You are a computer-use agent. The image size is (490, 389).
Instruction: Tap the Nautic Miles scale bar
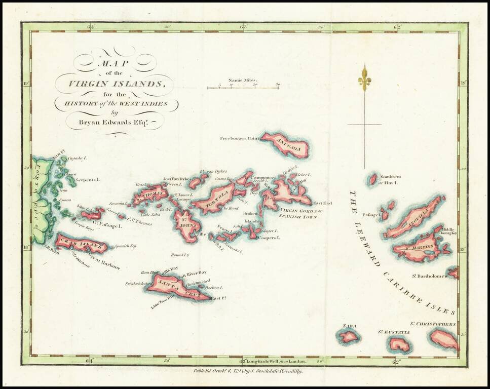tap(242, 88)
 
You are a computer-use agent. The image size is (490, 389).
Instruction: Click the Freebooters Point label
tap(239, 138)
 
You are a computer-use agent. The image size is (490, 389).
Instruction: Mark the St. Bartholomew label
tap(430, 276)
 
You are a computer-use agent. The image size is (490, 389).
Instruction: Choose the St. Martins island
tap(421, 248)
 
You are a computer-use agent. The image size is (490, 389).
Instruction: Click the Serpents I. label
tap(87, 179)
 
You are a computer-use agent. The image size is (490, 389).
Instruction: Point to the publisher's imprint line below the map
tap(248, 371)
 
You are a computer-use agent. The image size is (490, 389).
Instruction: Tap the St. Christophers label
tap(433, 324)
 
